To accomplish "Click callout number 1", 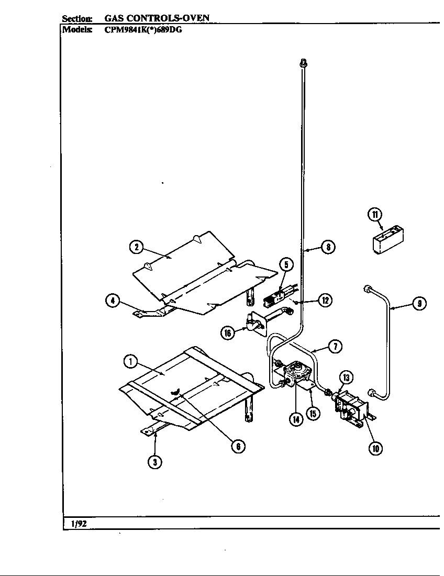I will [130, 361].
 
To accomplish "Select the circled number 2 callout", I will [136, 248].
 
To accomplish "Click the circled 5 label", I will [286, 265].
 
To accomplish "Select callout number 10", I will [375, 447].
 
